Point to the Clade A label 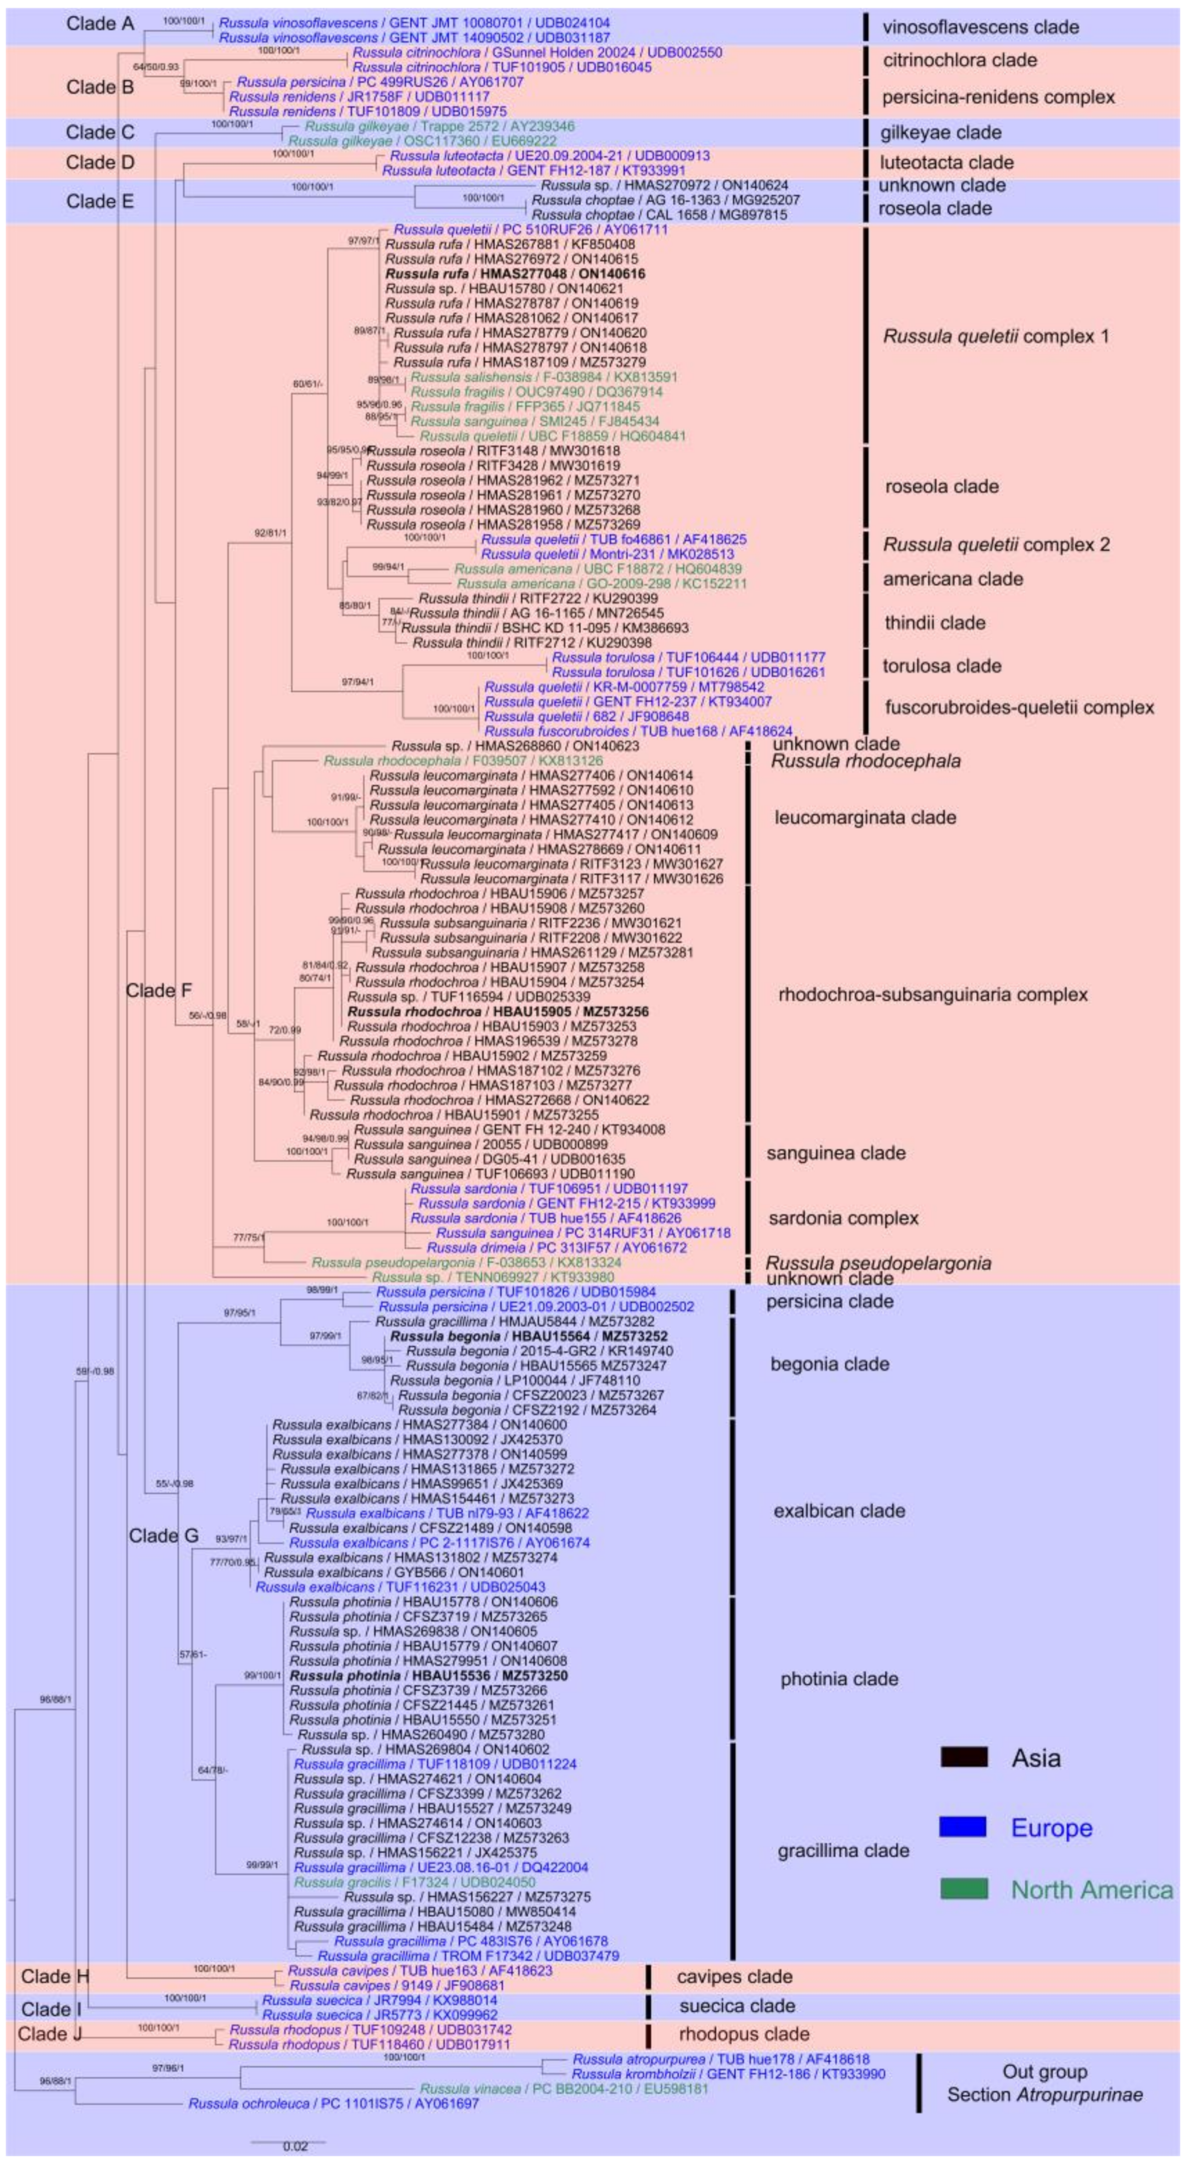click(x=100, y=24)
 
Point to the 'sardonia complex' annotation click(x=843, y=1218)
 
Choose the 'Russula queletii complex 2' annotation click(x=996, y=545)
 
